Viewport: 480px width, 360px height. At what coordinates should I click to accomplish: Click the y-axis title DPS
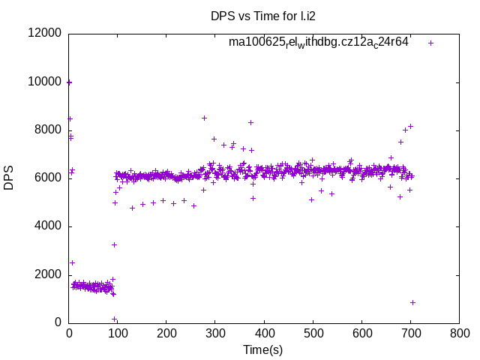tap(9, 178)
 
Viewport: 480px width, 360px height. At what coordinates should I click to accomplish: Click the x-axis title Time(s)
tap(263, 349)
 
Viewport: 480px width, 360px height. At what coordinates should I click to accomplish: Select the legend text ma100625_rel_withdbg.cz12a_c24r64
tap(319, 43)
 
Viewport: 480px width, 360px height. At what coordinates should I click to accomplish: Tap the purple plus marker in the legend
tap(430, 43)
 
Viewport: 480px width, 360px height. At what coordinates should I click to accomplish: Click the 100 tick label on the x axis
tap(118, 332)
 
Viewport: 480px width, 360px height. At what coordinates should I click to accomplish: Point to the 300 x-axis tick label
tap(215, 332)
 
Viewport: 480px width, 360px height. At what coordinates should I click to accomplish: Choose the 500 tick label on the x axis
tap(313, 332)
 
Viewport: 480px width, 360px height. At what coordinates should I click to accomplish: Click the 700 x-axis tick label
tap(410, 332)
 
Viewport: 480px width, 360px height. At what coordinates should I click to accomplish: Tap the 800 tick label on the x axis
tap(459, 332)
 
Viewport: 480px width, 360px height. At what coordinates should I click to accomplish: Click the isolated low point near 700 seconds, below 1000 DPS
tap(412, 302)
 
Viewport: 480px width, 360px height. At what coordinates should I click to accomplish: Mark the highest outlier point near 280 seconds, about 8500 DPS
tap(204, 118)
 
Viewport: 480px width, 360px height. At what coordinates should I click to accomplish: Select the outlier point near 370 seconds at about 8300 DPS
tap(250, 122)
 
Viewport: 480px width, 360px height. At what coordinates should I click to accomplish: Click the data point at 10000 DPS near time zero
tap(69, 82)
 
